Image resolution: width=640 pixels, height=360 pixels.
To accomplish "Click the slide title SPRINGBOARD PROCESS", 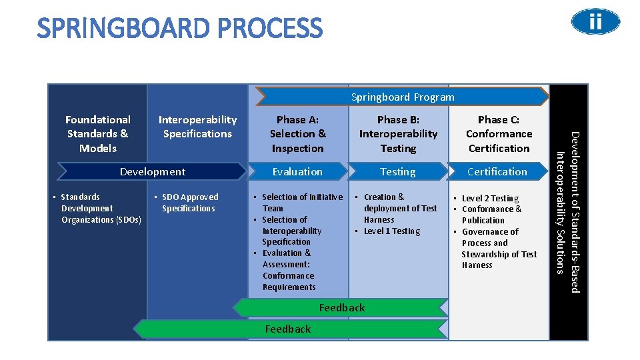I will (x=180, y=29).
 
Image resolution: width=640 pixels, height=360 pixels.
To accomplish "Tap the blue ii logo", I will (x=595, y=23).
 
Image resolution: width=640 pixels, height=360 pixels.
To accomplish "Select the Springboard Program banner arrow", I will (x=403, y=97).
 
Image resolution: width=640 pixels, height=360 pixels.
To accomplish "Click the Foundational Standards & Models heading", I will (x=98, y=134).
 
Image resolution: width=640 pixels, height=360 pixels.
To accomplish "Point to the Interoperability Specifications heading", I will (x=197, y=127).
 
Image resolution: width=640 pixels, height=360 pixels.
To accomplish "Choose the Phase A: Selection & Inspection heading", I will (x=297, y=134).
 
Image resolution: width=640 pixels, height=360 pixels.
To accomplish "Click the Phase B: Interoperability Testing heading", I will (x=398, y=134).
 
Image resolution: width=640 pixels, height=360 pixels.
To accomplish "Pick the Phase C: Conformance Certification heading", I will (x=499, y=134).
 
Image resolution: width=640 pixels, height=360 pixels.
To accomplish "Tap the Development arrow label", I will (x=153, y=172).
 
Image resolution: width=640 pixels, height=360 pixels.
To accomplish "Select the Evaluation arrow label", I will (x=297, y=172).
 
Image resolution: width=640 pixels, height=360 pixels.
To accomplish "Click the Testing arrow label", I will (x=398, y=172).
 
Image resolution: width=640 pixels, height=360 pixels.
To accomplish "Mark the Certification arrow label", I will (x=497, y=172).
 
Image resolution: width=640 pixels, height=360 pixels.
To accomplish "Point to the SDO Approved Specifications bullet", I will (x=189, y=203).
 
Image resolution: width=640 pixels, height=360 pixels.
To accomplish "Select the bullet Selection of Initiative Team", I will (x=301, y=202).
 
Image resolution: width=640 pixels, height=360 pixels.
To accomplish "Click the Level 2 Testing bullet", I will (x=490, y=198).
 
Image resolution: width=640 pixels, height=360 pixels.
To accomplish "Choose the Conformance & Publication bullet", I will (x=491, y=215).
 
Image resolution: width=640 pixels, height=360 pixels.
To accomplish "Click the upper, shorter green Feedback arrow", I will (x=341, y=307).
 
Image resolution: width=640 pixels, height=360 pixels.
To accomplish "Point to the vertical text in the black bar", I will (x=568, y=212).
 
